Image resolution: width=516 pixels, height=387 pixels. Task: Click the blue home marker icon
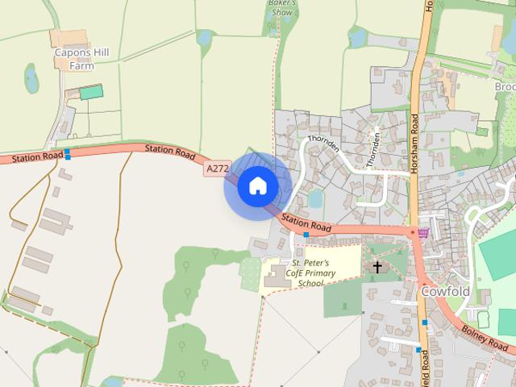point(257,186)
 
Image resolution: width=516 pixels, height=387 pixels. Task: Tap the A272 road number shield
point(217,169)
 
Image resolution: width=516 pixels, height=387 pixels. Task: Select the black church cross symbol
point(377,266)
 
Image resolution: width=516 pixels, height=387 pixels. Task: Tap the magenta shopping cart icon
point(423,232)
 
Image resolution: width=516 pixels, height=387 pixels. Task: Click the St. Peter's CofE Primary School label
point(310,274)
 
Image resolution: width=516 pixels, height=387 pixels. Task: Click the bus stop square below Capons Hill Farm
point(68,153)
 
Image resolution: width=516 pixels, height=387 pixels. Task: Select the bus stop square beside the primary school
point(306,234)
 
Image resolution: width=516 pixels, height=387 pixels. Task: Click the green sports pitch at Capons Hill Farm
point(91,92)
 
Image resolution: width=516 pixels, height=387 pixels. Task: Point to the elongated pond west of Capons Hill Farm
point(31,78)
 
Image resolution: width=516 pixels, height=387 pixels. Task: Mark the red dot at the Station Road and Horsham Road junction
point(414,232)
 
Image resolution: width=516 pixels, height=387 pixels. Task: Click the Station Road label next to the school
point(306,225)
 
